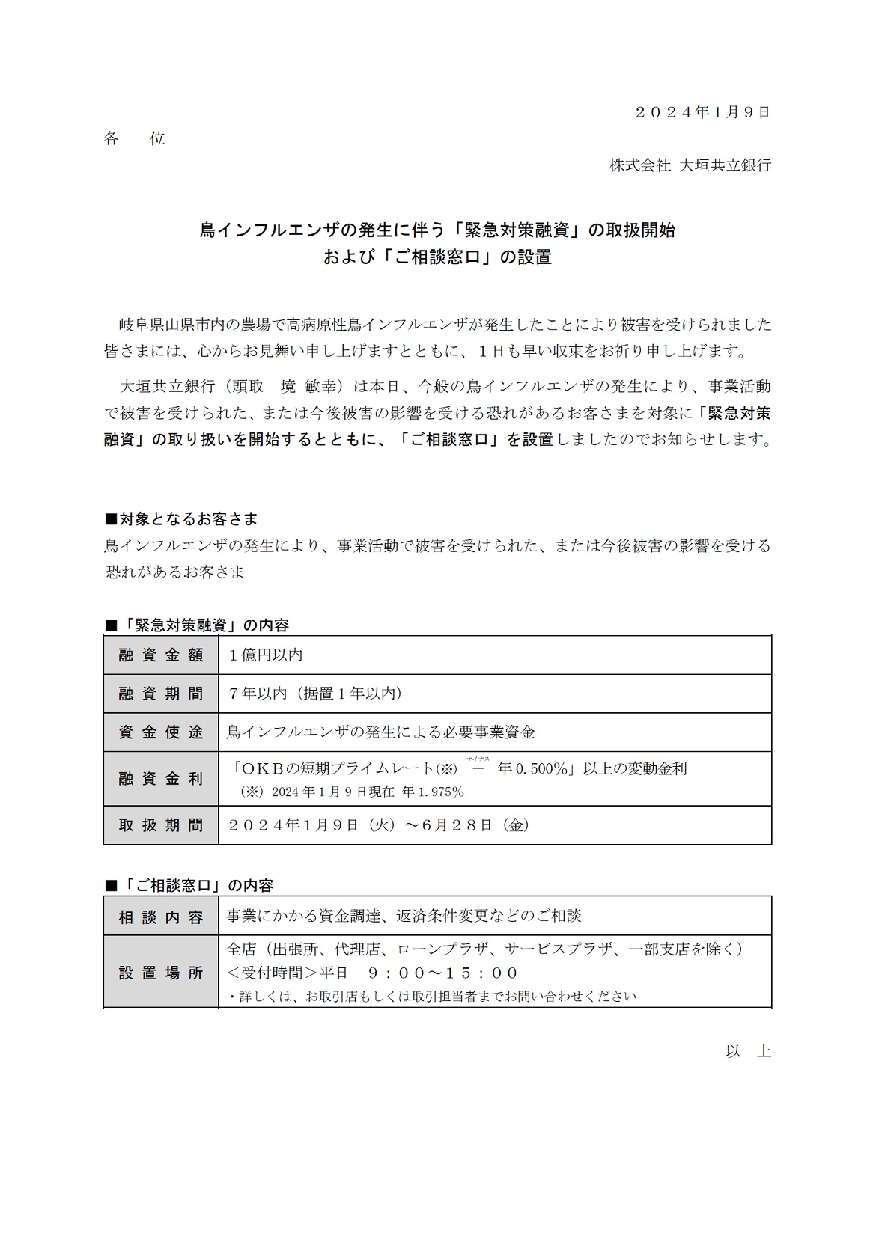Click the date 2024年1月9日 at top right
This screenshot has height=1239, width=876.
click(702, 112)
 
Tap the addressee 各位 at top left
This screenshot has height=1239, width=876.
click(135, 138)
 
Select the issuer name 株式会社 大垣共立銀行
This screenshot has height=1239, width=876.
click(690, 165)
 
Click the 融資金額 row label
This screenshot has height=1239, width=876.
click(161, 655)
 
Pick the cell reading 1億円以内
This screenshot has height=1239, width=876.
click(266, 655)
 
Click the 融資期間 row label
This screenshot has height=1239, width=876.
click(161, 694)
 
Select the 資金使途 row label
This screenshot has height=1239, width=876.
click(161, 732)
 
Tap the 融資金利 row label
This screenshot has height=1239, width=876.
click(161, 779)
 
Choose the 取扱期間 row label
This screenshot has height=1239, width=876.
click(161, 825)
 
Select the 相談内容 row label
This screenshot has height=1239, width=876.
click(161, 917)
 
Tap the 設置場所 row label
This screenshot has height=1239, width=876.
click(161, 973)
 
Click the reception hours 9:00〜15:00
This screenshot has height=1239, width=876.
click(443, 973)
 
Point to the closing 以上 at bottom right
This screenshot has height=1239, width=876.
click(748, 1051)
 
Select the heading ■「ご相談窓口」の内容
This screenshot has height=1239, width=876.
click(189, 885)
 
